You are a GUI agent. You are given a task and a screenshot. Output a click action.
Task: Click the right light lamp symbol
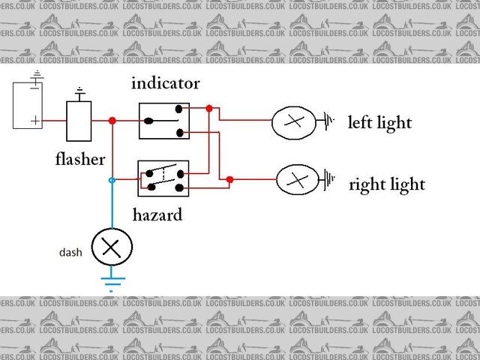298,180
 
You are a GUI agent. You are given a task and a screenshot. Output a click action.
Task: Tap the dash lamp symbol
111,247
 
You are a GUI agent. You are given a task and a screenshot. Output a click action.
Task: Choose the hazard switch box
163,178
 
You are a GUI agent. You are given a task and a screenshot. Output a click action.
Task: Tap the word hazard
157,215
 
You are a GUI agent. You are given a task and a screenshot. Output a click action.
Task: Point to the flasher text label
80,159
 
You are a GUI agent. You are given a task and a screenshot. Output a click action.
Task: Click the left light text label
379,122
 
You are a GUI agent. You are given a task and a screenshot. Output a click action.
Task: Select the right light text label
387,184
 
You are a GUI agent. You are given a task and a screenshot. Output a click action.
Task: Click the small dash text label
70,253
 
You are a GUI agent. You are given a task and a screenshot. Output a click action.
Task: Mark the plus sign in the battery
34,120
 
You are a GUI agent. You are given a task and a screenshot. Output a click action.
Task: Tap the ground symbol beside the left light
328,120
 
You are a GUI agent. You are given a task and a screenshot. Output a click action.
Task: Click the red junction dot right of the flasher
112,121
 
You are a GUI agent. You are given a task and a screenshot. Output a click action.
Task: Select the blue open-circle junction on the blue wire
112,181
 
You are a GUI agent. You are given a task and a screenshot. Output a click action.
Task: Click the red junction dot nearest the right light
229,179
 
